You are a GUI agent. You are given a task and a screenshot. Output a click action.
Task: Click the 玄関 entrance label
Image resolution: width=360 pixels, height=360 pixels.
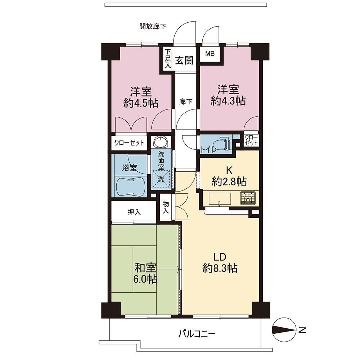point(184,60)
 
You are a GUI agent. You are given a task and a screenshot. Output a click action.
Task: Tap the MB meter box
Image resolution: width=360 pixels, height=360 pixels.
point(210,54)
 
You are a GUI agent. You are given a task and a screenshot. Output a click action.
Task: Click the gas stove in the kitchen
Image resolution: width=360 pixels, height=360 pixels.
point(248,198)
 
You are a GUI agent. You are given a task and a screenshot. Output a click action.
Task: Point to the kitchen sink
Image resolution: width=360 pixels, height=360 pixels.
point(220,199)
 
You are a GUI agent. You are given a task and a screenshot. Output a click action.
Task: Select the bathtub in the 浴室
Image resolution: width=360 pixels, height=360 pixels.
point(130,186)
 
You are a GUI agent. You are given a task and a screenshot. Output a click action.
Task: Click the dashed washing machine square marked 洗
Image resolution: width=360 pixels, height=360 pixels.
point(161,179)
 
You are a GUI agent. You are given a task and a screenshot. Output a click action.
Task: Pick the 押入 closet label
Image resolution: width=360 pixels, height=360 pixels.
point(134,212)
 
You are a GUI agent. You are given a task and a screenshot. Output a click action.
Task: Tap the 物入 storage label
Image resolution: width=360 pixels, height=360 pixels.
point(166,207)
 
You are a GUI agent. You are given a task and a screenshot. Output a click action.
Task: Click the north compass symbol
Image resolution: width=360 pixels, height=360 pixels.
point(284,330)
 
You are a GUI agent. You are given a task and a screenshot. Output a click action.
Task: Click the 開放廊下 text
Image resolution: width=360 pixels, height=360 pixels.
point(153,26)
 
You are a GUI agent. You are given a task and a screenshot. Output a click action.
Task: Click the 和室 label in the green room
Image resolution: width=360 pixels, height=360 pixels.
point(145,267)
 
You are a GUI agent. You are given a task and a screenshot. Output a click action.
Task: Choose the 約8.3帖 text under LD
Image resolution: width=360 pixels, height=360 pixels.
point(220,268)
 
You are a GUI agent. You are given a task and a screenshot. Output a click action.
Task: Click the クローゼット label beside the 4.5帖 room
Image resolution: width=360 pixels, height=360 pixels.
point(129,143)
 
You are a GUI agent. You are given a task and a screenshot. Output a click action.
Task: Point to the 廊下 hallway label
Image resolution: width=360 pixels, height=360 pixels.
point(186,102)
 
